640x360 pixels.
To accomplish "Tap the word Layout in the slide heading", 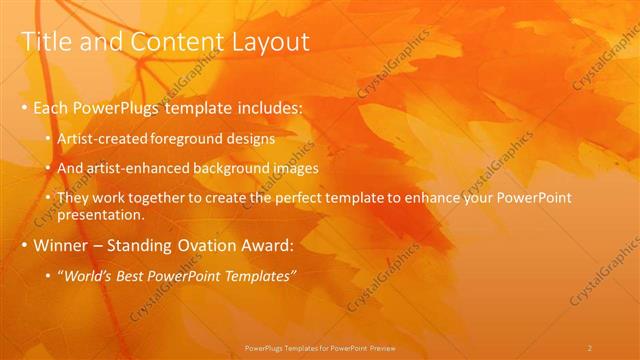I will coord(264,41).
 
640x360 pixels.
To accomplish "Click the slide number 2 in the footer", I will coord(590,347).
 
